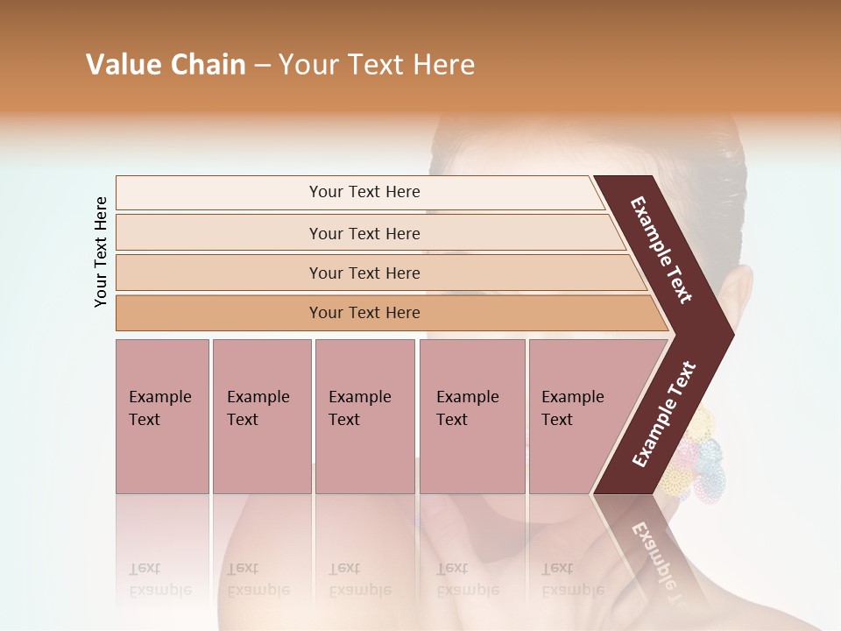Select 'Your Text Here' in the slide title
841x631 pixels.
click(x=377, y=65)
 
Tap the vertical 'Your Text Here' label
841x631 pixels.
click(x=101, y=252)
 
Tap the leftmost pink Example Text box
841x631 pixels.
click(x=162, y=416)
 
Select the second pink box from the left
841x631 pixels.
click(x=261, y=416)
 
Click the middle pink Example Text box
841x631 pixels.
click(x=364, y=416)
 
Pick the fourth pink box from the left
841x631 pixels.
click(x=471, y=416)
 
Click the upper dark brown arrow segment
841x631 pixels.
click(x=661, y=250)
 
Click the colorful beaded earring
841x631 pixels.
click(x=692, y=451)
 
